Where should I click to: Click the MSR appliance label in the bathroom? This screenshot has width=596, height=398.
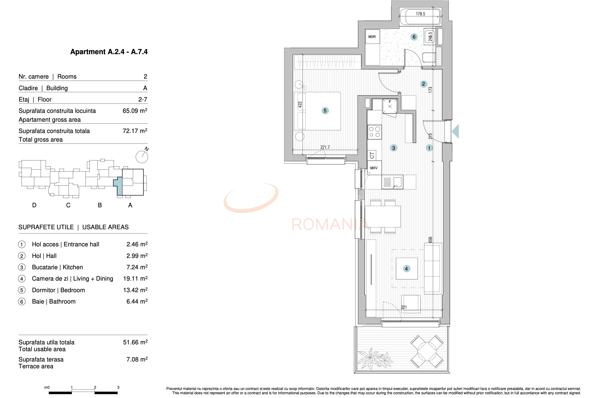[x=372, y=37]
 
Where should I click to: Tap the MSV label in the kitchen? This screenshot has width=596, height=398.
[x=374, y=168]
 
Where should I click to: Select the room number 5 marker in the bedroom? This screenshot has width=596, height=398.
[x=325, y=111]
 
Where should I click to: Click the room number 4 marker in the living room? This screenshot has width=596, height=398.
[x=406, y=269]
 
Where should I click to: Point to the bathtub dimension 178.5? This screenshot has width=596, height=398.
[x=420, y=14]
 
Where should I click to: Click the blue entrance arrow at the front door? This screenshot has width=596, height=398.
[x=456, y=131]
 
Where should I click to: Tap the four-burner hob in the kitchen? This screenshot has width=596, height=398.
[x=374, y=132]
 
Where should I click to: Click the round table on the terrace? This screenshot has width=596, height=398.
[x=427, y=352]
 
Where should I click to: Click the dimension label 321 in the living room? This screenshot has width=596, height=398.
[x=404, y=307]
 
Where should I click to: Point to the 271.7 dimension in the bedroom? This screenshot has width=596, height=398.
[x=325, y=147]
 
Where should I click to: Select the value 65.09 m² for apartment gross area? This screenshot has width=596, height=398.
[x=135, y=111]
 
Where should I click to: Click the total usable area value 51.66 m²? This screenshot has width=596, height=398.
[x=135, y=342]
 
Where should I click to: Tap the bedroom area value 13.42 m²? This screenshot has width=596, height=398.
[x=135, y=290]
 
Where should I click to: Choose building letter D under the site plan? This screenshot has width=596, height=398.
[x=34, y=205]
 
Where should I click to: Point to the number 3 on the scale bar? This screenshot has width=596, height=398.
[x=118, y=387]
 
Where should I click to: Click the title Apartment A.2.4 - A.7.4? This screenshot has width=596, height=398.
[x=109, y=52]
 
